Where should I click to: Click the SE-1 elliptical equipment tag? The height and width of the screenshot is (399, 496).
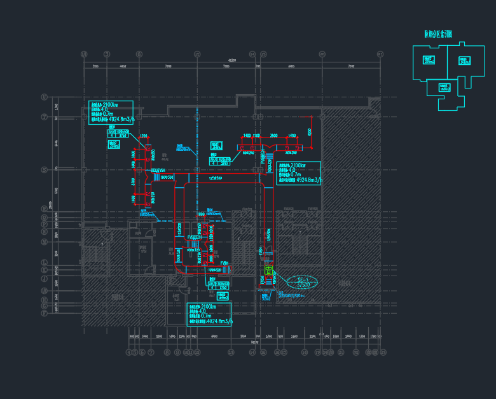coord(303,282)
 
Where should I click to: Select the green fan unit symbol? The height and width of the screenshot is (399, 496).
coord(268,271)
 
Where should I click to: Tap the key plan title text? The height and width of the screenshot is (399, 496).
coord(438,34)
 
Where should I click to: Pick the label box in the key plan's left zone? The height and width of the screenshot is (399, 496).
coord(429,60)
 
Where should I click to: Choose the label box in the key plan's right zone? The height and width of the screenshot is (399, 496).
coord(465,60)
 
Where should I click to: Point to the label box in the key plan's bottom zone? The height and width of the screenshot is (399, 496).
coord(444,87)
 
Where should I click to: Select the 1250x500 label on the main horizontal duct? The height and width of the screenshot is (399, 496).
coord(215,178)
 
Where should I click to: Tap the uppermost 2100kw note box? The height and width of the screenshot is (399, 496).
coord(111,111)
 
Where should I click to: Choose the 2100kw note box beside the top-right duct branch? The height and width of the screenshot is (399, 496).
coord(299,172)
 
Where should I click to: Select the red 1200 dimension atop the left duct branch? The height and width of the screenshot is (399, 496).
coord(144,136)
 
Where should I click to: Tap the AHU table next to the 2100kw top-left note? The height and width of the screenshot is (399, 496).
coord(118,134)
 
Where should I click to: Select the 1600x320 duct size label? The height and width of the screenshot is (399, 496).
coord(167,178)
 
